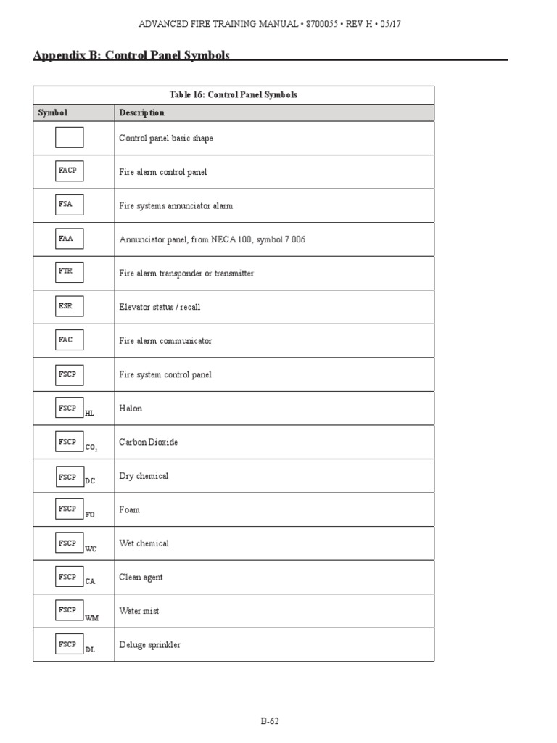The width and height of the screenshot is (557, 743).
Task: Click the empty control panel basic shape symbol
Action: point(69,137)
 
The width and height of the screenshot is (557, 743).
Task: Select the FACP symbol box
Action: point(69,171)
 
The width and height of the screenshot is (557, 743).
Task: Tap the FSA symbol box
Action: point(69,205)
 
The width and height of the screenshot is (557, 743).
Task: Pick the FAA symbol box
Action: point(69,239)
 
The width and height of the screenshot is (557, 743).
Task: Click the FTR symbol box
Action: point(69,272)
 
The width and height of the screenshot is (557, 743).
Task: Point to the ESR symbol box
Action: point(69,306)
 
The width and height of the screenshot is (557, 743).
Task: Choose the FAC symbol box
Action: point(69,340)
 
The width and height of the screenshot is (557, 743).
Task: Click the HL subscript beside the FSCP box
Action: point(89,413)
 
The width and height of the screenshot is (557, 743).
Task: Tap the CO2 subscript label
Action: point(91,447)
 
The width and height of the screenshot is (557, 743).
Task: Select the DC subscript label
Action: point(90,480)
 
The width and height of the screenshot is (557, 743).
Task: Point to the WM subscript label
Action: point(91,617)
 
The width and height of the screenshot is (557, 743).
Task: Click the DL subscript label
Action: point(90,649)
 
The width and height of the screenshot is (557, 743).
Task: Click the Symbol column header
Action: point(52,112)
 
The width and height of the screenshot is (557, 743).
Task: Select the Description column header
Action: point(141,112)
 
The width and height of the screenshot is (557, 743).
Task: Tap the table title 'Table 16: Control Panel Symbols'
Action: point(234,95)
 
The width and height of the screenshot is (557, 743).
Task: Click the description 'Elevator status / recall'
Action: point(160,307)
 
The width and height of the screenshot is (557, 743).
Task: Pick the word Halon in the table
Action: point(131,409)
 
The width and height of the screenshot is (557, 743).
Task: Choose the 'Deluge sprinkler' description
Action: point(149,644)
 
